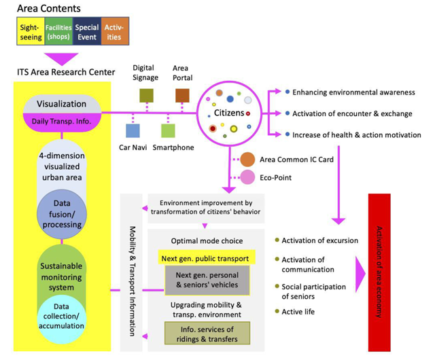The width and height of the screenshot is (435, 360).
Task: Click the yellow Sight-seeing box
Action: pyautogui.click(x=31, y=31)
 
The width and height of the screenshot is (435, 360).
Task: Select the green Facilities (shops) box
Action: pyautogui.click(x=58, y=31)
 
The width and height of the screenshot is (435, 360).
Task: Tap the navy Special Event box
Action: pyautogui.click(x=87, y=31)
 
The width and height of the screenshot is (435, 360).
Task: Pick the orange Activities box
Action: pyautogui.click(x=115, y=31)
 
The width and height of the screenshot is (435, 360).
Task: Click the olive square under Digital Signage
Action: pyautogui.click(x=146, y=96)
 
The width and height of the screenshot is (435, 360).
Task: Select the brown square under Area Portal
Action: pyautogui.click(x=182, y=96)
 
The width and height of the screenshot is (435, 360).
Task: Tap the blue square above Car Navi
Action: pyautogui.click(x=133, y=130)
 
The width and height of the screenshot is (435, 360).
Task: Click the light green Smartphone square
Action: pyautogui.click(x=168, y=130)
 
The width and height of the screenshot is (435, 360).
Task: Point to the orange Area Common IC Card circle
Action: pyautogui.click(x=247, y=160)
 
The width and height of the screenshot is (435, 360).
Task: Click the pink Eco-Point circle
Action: pyautogui.click(x=247, y=177)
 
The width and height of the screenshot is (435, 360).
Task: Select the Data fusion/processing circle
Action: pyautogui.click(x=62, y=214)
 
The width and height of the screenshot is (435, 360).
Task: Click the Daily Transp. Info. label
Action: pyautogui.click(x=61, y=122)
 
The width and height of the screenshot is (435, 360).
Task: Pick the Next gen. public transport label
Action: pyautogui.click(x=205, y=259)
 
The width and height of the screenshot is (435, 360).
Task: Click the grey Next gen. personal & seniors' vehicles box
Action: pyautogui.click(x=207, y=280)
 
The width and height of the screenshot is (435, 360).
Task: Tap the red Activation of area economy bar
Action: pyautogui.click(x=379, y=272)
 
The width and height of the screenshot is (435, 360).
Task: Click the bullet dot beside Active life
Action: pyautogui.click(x=277, y=311)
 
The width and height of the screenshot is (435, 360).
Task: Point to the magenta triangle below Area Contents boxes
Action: pyautogui.click(x=61, y=59)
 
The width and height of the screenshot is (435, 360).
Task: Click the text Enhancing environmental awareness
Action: pyautogui.click(x=353, y=92)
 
